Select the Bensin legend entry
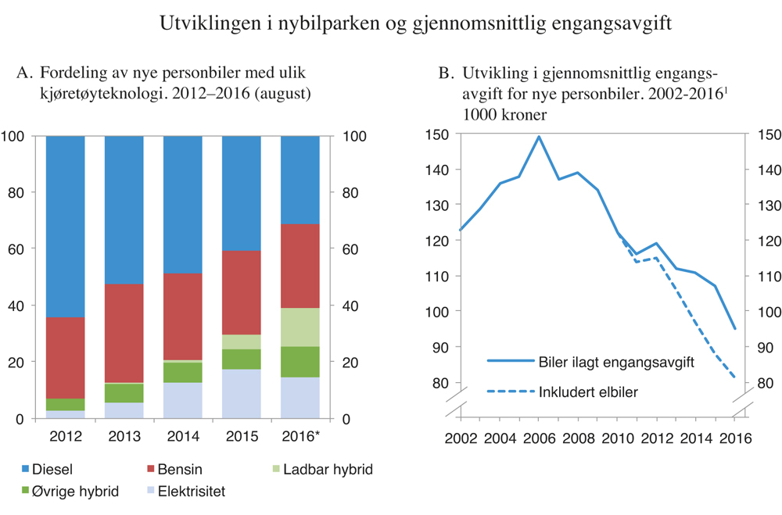177,470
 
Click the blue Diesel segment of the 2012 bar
66,226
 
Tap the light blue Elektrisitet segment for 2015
242,394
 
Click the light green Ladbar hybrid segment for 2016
300,327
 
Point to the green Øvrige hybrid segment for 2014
183,372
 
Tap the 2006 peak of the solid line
539,137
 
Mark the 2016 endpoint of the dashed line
735,378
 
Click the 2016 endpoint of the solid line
735,329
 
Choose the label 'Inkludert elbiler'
588,392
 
